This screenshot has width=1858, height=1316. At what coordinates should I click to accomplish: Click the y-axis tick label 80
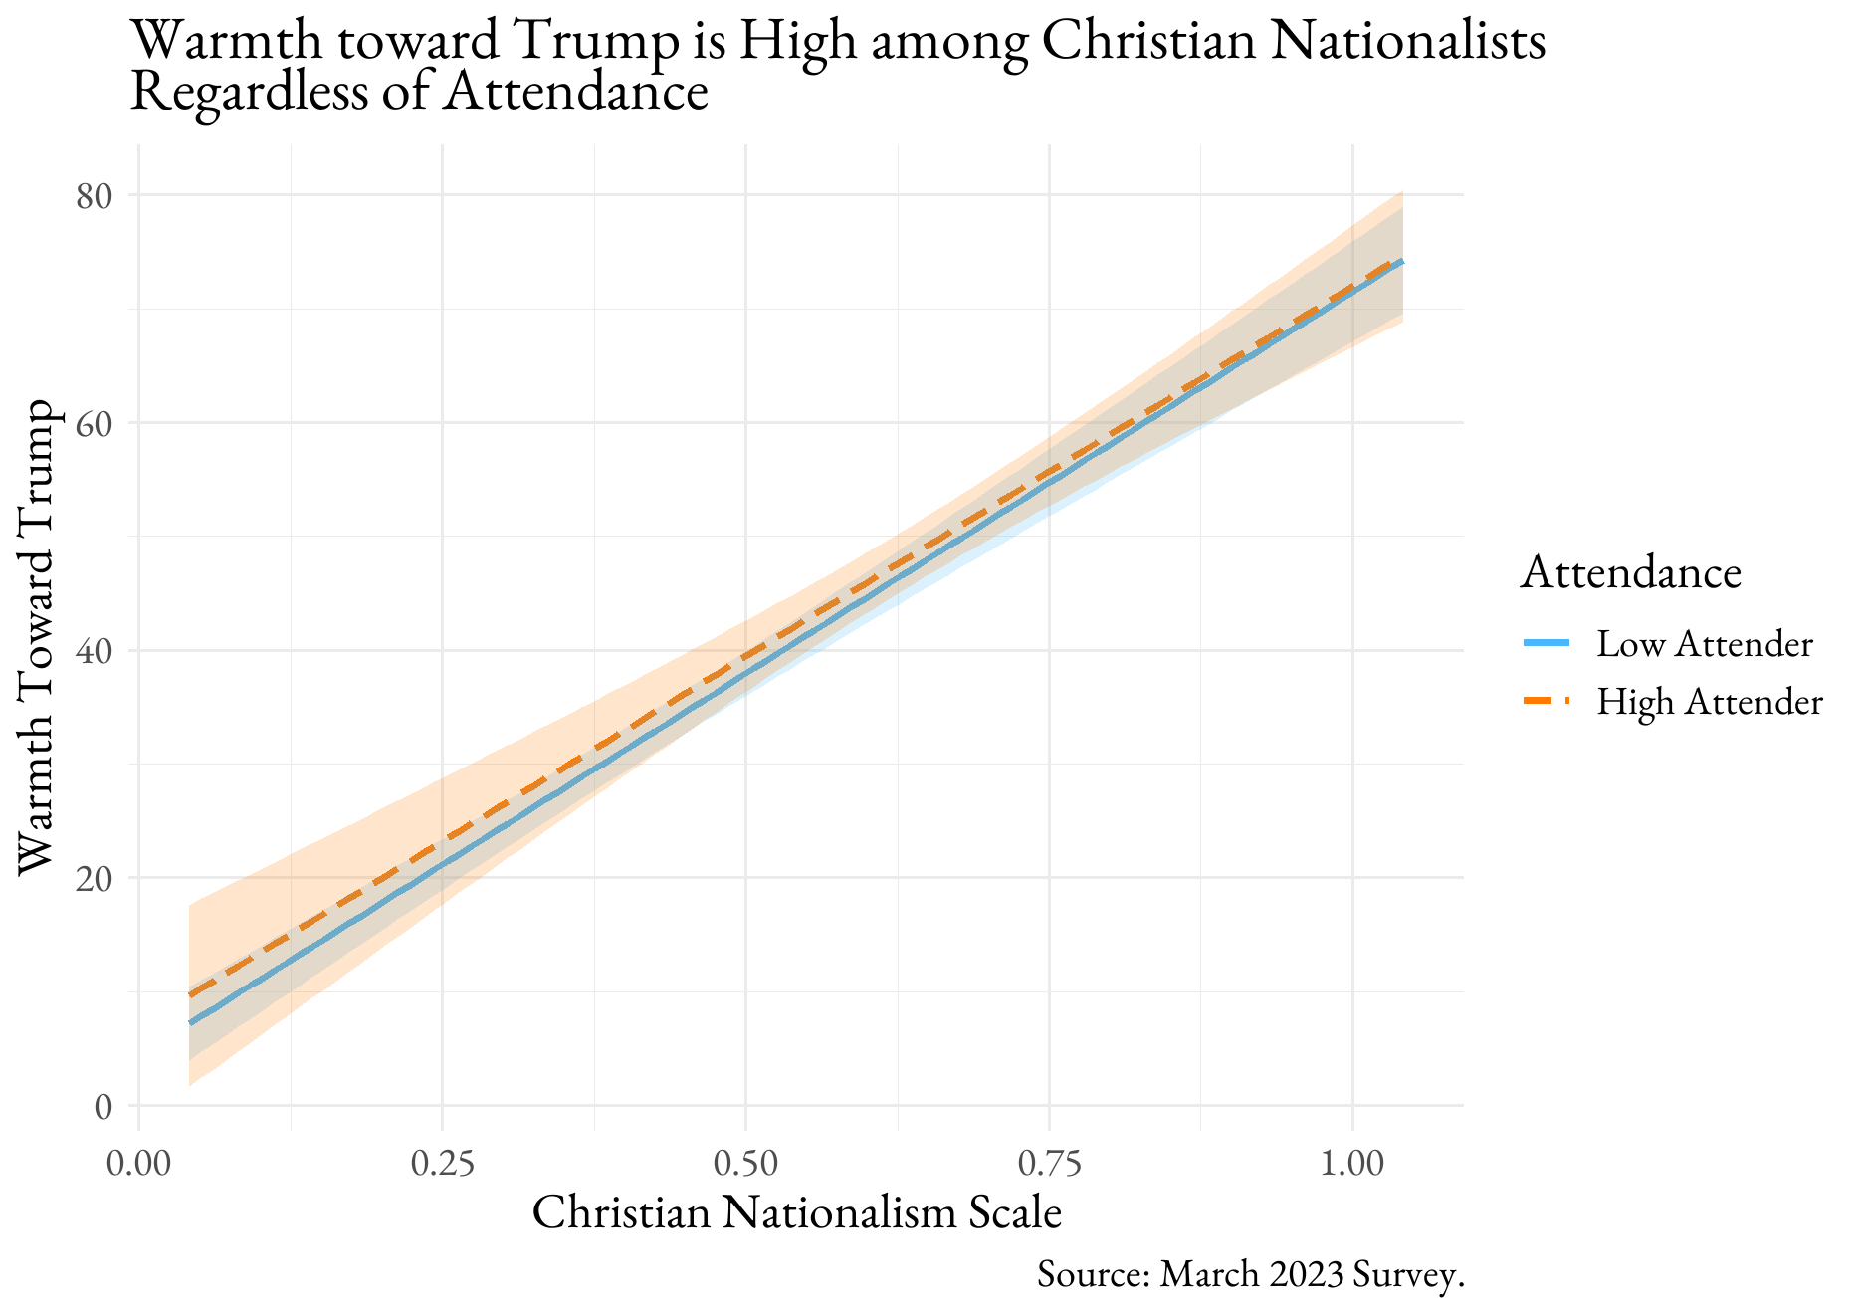pyautogui.click(x=94, y=196)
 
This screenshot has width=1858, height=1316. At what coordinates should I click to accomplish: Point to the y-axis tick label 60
pyautogui.click(x=94, y=423)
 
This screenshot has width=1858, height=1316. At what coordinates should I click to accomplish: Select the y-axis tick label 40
pyautogui.click(x=94, y=651)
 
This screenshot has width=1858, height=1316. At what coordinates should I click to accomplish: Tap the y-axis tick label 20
pyautogui.click(x=94, y=878)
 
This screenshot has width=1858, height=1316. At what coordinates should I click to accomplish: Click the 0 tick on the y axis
pyautogui.click(x=103, y=1106)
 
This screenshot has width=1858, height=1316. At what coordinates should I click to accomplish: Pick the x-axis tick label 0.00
pyautogui.click(x=138, y=1163)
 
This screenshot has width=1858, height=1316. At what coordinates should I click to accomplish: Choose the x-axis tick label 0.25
pyautogui.click(x=442, y=1163)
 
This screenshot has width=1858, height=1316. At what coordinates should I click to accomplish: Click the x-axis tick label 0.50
pyautogui.click(x=745, y=1163)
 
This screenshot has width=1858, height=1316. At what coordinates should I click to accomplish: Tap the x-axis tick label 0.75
pyautogui.click(x=1049, y=1163)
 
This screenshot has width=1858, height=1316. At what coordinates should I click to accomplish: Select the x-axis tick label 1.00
pyautogui.click(x=1352, y=1163)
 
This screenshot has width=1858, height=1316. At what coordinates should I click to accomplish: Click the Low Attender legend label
pyautogui.click(x=1704, y=644)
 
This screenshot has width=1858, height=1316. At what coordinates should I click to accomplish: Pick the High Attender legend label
pyautogui.click(x=1709, y=702)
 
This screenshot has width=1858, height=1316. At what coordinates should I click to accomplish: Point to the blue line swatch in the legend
pyautogui.click(x=1546, y=644)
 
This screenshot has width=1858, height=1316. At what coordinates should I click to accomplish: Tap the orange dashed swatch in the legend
pyautogui.click(x=1546, y=702)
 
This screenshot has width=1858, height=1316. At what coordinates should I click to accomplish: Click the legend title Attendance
pyautogui.click(x=1630, y=573)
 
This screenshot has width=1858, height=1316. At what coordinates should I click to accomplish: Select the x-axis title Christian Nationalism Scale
pyautogui.click(x=797, y=1213)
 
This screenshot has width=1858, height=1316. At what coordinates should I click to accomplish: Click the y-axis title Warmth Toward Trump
pyautogui.click(x=36, y=637)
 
